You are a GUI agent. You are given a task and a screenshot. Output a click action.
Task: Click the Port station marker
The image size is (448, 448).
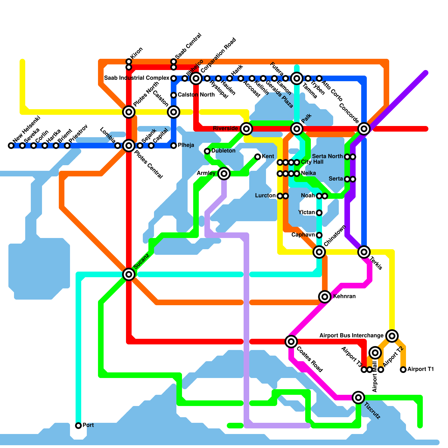(78, 426)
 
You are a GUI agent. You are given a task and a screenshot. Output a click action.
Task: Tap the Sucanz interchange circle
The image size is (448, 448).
(129, 274)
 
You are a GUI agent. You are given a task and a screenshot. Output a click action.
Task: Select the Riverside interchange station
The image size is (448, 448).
(246, 129)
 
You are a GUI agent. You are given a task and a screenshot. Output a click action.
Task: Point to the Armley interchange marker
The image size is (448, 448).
(224, 174)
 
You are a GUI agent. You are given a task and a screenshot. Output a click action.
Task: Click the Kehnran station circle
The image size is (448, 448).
(325, 297)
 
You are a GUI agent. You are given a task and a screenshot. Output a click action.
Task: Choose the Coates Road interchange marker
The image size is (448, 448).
(291, 341)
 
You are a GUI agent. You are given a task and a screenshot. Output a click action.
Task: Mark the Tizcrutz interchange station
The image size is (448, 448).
(358, 397)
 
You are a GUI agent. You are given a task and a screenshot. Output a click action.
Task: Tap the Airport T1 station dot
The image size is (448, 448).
(403, 370)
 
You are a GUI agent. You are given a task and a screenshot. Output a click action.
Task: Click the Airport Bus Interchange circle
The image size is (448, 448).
(392, 336)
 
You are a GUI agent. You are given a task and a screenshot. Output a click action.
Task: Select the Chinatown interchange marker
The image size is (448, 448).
(319, 252)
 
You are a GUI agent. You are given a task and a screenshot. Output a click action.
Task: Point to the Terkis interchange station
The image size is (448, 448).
(364, 252)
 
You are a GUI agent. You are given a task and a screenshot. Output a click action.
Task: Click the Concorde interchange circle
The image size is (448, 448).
(364, 129)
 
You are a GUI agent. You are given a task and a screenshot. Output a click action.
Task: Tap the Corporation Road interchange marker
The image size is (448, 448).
(196, 78)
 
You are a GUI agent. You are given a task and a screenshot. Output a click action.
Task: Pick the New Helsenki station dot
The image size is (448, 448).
(11, 146)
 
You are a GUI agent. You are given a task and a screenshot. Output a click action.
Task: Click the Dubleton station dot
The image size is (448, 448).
(207, 151)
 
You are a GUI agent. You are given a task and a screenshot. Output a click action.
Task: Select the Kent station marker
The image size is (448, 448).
(258, 157)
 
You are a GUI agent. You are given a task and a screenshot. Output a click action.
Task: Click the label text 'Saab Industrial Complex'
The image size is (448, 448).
(137, 78)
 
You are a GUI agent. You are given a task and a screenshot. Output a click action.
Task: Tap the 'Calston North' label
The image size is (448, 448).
(196, 95)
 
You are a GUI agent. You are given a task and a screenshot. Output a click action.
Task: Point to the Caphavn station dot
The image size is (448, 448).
(319, 235)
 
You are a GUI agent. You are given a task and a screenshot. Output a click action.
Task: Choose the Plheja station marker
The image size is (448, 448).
(174, 146)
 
